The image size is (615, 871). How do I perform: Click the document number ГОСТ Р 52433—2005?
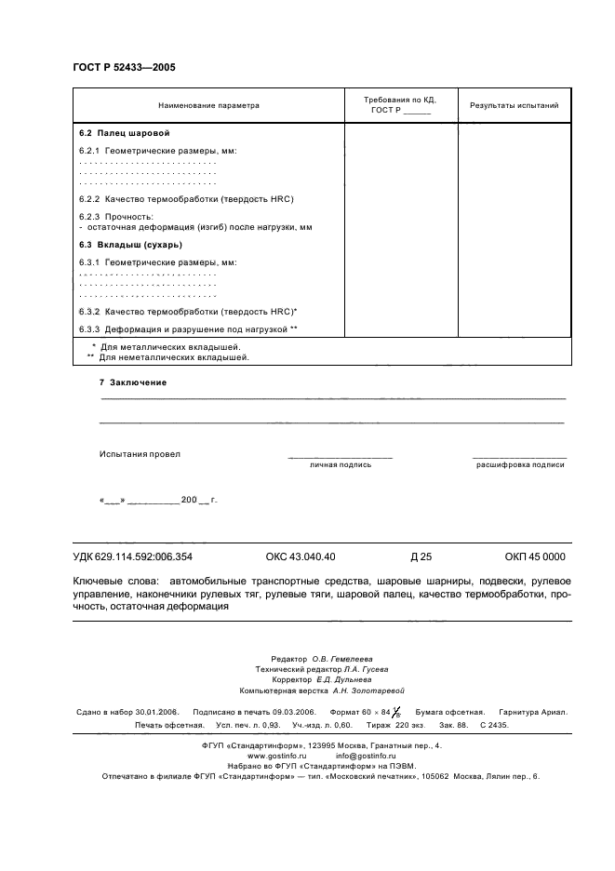click(124, 67)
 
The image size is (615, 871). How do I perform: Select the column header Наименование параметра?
click(208, 105)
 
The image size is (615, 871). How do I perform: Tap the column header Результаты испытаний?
click(514, 105)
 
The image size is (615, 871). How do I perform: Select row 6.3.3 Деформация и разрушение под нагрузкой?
click(188, 328)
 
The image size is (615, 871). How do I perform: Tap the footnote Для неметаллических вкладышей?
click(174, 356)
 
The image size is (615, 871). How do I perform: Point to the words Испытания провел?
click(140, 454)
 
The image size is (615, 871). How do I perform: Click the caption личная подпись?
click(341, 463)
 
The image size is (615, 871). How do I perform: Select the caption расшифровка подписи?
click(520, 463)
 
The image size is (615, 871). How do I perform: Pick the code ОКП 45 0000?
click(535, 557)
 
